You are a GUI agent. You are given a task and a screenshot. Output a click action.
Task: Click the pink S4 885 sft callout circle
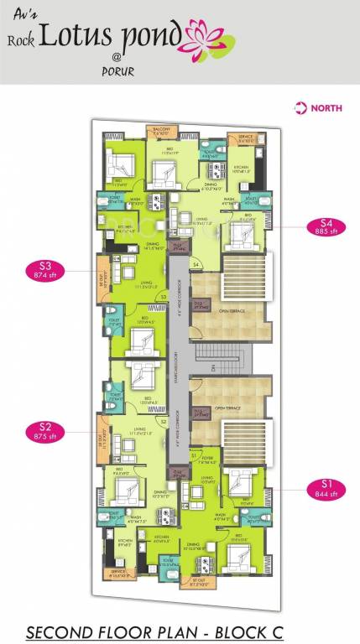coord(326,226)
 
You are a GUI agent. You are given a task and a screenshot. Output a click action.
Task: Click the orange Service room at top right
coord(246,138)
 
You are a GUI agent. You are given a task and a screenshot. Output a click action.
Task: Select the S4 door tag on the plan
coord(196,266)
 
